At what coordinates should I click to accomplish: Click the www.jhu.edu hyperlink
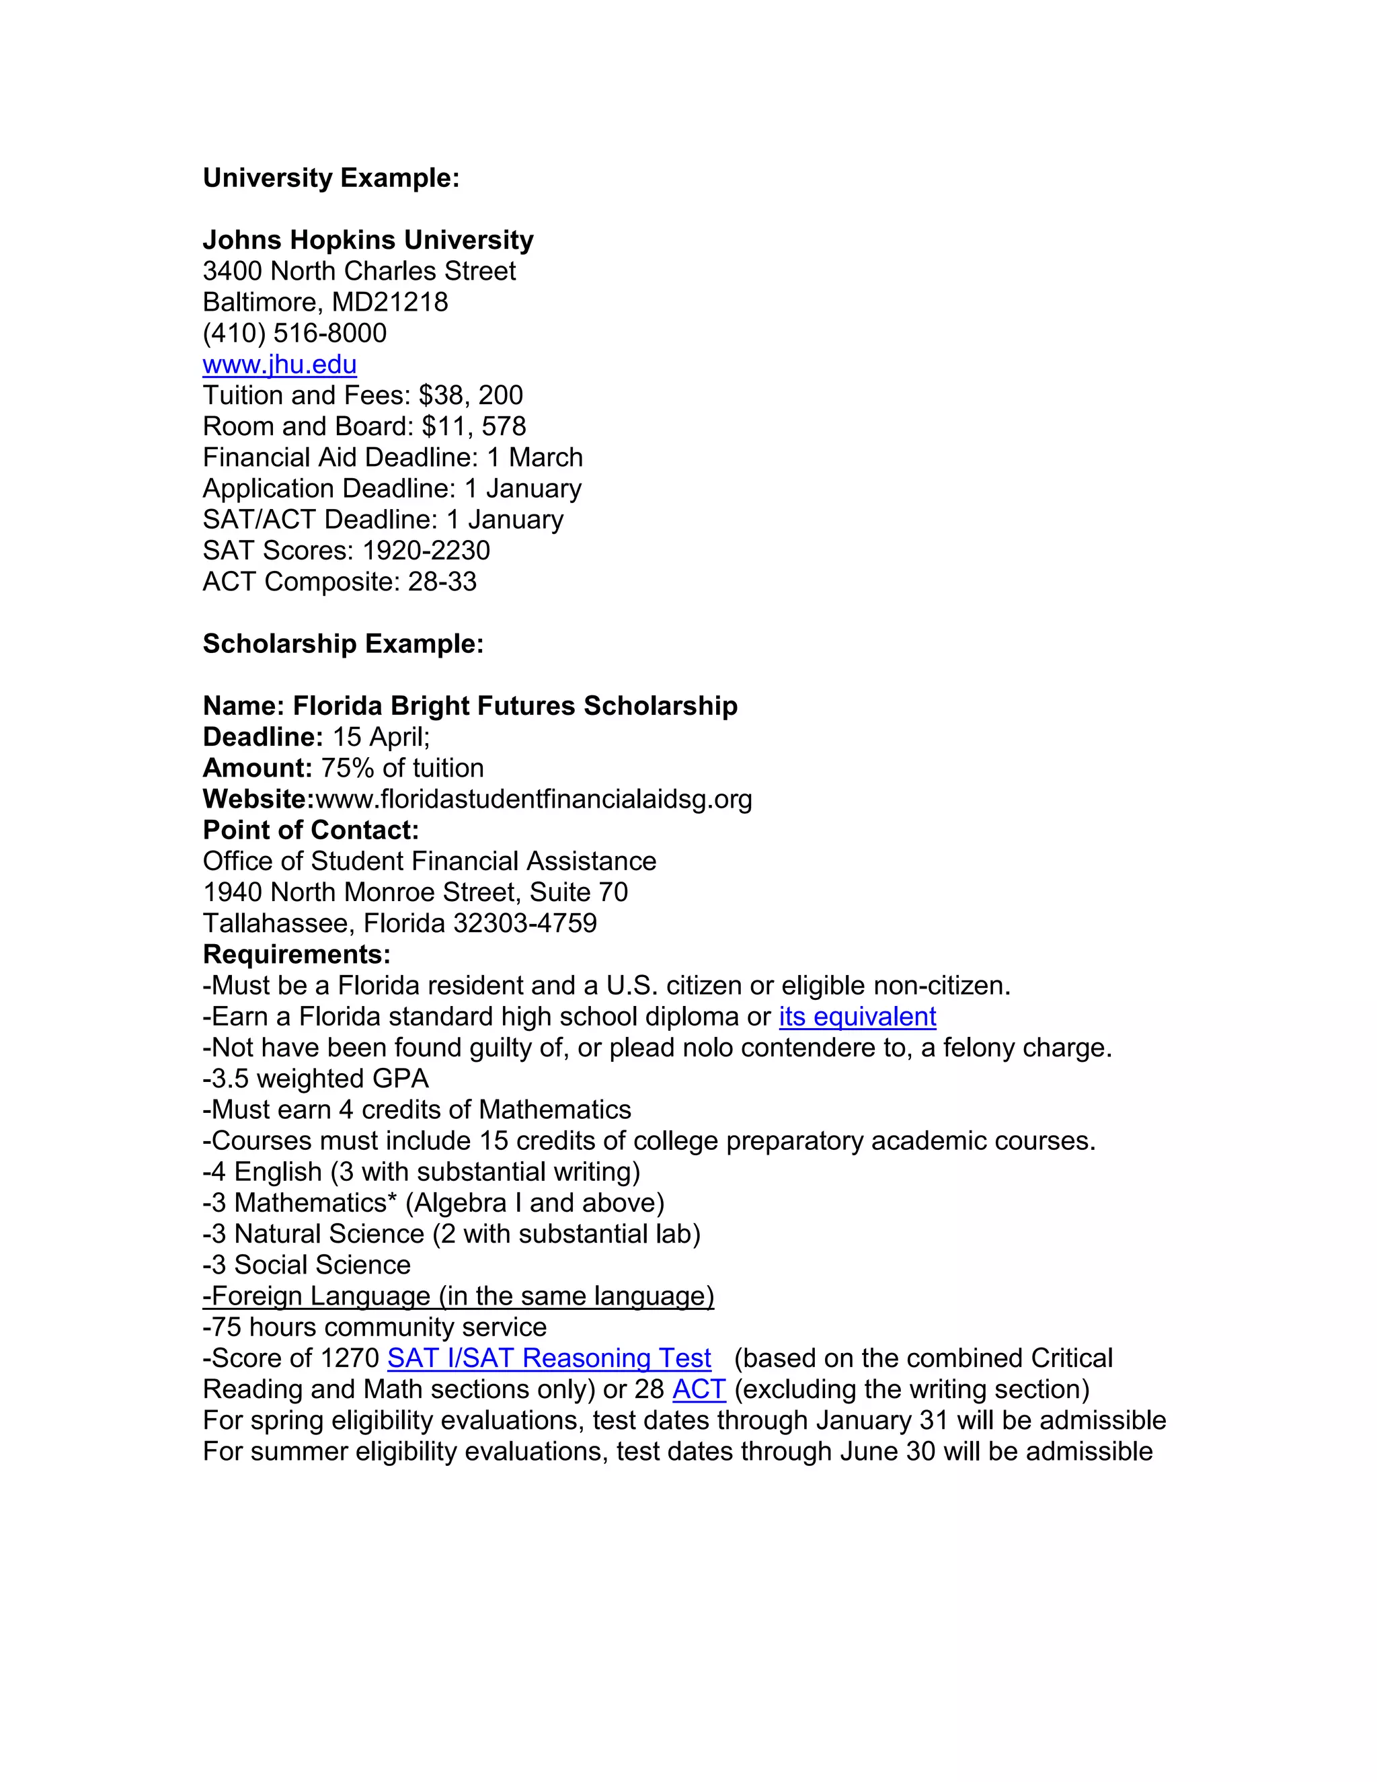point(279,364)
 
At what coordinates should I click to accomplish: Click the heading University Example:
point(330,178)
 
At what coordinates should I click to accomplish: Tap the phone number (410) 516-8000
point(294,333)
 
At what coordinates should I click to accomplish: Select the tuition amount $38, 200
point(471,395)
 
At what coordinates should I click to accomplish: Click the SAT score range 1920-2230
point(426,551)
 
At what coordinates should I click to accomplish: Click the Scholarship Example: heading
point(343,644)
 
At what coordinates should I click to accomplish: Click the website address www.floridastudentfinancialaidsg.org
point(533,799)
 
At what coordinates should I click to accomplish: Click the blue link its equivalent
point(857,1017)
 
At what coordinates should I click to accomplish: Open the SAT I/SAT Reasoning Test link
point(549,1358)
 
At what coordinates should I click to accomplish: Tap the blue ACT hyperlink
point(699,1389)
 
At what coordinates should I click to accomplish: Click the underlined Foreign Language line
point(458,1296)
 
